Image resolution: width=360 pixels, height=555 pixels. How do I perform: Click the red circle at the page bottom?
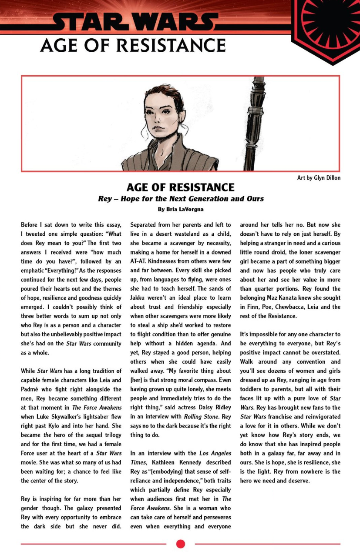point(181,544)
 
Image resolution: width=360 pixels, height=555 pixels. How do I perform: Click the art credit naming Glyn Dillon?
point(319,178)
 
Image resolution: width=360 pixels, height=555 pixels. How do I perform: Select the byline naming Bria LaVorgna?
point(180,209)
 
